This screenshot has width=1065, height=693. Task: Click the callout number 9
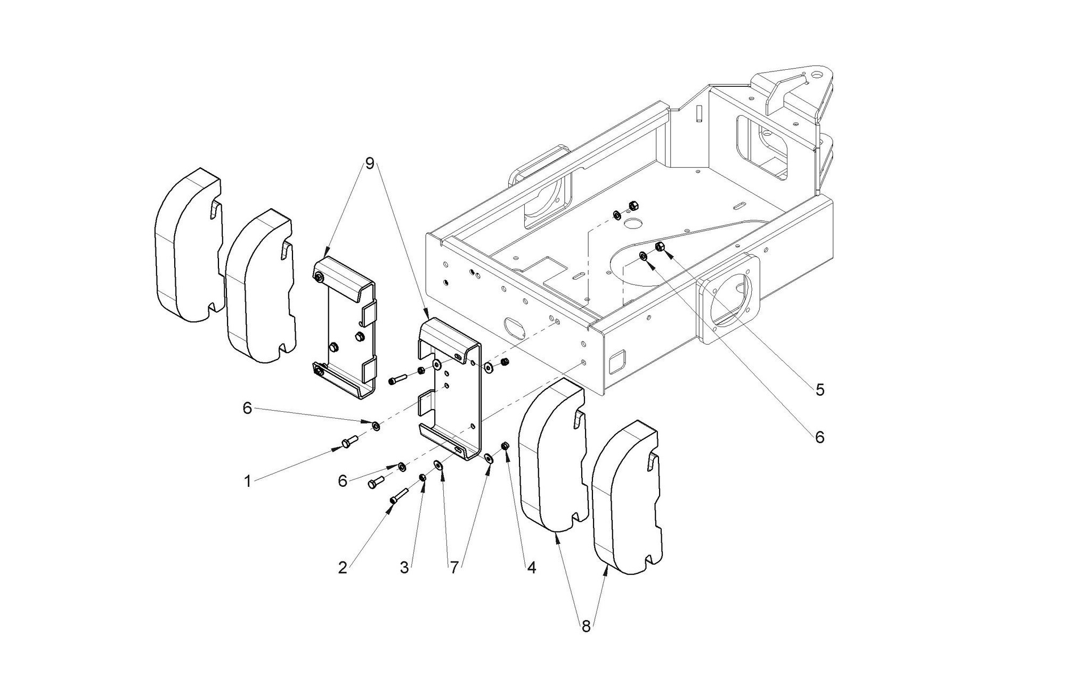(x=369, y=163)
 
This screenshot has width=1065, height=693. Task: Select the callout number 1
(x=247, y=482)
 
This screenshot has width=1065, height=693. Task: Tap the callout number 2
(x=343, y=568)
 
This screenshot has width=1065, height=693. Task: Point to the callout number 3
(x=404, y=568)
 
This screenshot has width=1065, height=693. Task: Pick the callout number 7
(x=453, y=568)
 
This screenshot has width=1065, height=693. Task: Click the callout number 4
(x=531, y=568)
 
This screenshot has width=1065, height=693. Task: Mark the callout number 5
(x=820, y=389)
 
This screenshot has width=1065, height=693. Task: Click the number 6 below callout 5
(x=819, y=437)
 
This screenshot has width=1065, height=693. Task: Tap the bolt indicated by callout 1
(x=349, y=442)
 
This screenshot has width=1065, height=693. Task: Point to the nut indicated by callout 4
(x=506, y=445)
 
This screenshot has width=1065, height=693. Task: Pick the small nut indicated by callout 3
(x=422, y=477)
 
